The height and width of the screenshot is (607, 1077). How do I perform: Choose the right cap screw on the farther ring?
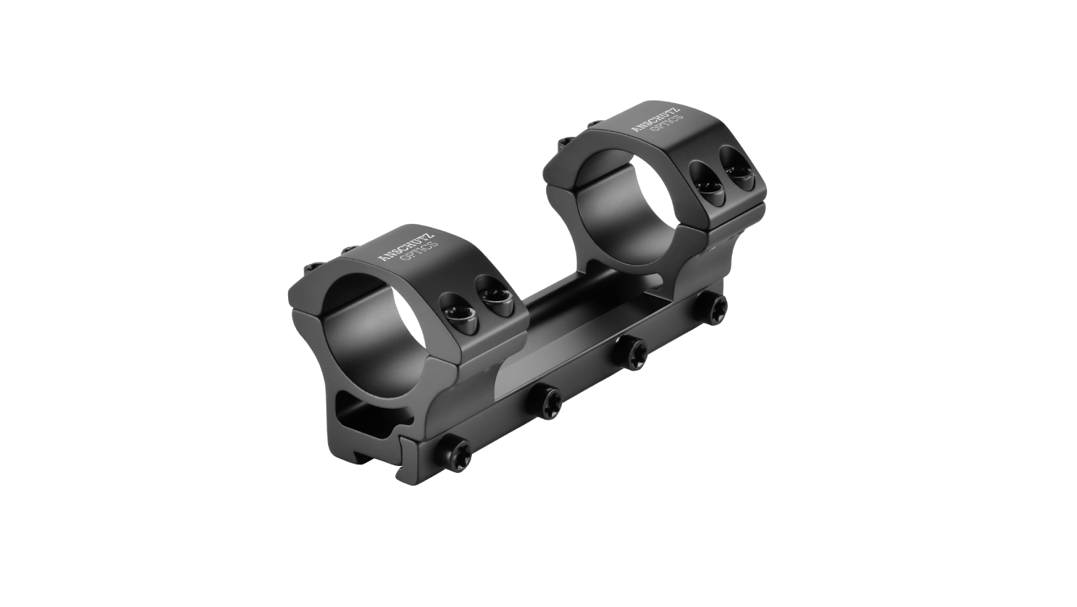pos(737,172)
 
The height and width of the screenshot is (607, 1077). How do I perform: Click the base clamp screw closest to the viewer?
pos(456,448)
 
